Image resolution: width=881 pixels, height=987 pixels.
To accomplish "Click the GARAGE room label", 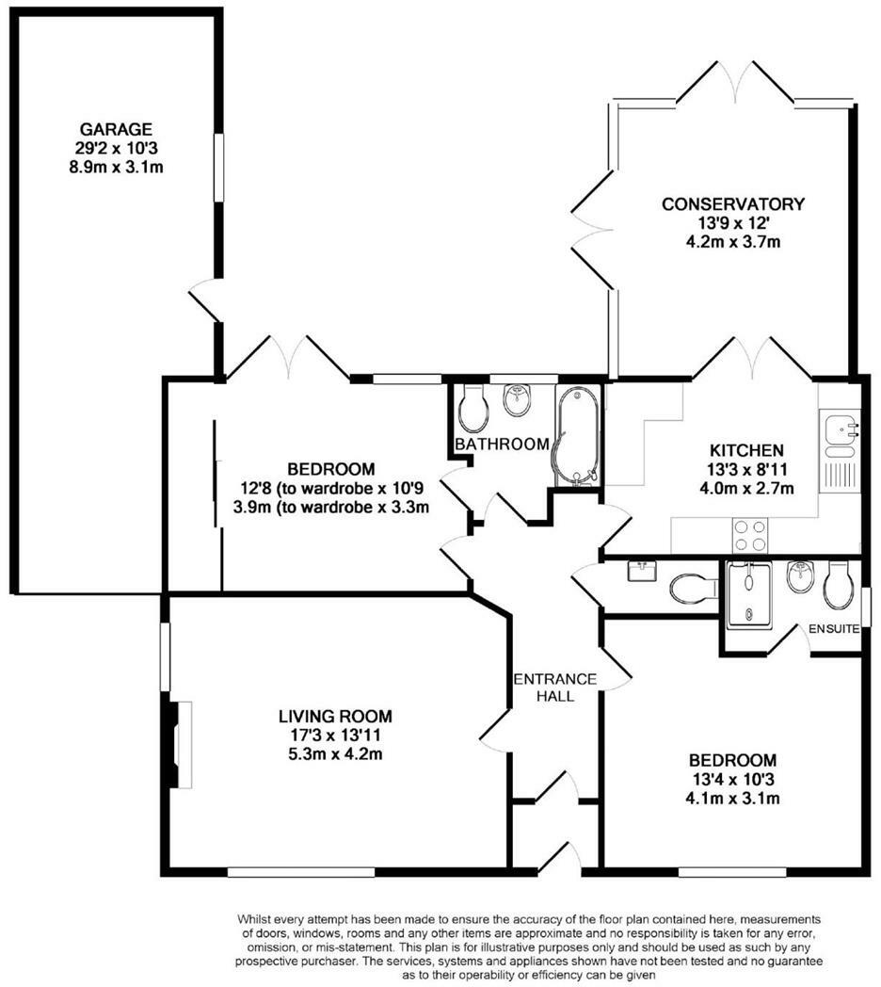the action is [x=116, y=129].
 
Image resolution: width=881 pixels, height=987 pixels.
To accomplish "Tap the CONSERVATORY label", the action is [x=733, y=204].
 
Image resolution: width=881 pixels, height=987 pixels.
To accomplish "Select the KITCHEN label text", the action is [x=746, y=451].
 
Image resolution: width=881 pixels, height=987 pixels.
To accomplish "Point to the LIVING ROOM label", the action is [x=335, y=716].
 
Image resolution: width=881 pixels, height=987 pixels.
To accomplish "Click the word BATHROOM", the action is [x=503, y=444].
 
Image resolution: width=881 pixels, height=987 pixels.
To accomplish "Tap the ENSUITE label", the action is [x=834, y=629].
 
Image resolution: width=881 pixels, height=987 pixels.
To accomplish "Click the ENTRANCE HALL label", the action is [x=555, y=688].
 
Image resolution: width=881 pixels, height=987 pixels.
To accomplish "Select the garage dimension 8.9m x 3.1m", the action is [x=117, y=167].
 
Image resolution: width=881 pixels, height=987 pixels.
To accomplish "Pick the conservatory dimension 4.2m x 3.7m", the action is [x=733, y=241].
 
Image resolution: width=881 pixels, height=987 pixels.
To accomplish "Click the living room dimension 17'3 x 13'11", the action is [x=335, y=735].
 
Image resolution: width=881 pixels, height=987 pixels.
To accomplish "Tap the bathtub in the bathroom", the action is [x=576, y=436].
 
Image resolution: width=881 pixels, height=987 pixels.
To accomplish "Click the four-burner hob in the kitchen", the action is [x=750, y=535].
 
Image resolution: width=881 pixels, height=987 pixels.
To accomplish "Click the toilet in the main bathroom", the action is [x=473, y=408].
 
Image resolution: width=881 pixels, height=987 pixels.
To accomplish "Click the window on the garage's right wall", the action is [x=218, y=168].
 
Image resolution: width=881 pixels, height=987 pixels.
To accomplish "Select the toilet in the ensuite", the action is [x=839, y=586].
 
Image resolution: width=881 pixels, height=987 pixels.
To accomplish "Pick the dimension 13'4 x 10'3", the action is [x=732, y=779].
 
